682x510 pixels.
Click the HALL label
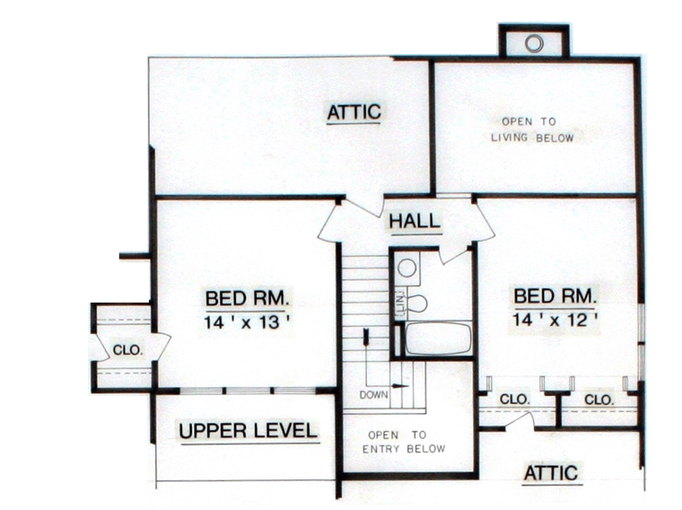tap(415, 221)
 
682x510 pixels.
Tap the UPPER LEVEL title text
tap(249, 430)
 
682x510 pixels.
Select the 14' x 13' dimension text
tap(247, 323)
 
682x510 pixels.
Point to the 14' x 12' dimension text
tap(555, 321)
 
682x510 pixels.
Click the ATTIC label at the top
tap(354, 112)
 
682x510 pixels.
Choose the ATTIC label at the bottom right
tap(551, 473)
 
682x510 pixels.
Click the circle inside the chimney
tap(534, 43)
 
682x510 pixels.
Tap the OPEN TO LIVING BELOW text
tap(532, 129)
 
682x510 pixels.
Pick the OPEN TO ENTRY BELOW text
tap(404, 442)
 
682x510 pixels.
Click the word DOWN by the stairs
tap(373, 395)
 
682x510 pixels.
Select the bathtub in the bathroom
tap(439, 339)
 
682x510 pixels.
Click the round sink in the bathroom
tap(407, 268)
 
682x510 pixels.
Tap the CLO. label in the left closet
tap(127, 350)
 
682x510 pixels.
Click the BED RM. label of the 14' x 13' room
tap(247, 298)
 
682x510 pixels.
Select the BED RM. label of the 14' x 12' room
tap(555, 296)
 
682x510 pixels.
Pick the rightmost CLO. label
tap(599, 400)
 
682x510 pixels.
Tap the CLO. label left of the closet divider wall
tap(515, 399)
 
